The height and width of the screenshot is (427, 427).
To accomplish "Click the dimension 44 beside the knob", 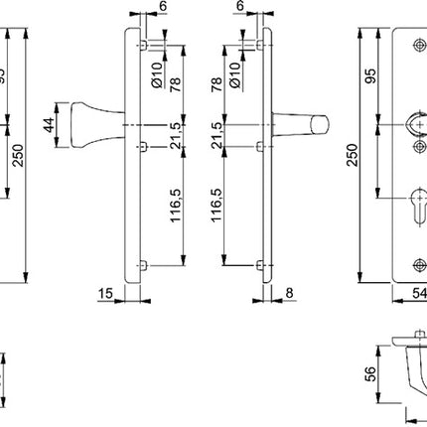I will (46, 124).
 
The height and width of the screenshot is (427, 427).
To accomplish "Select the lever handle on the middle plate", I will (302, 124).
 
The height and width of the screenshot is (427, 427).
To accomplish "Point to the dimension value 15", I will (104, 294).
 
